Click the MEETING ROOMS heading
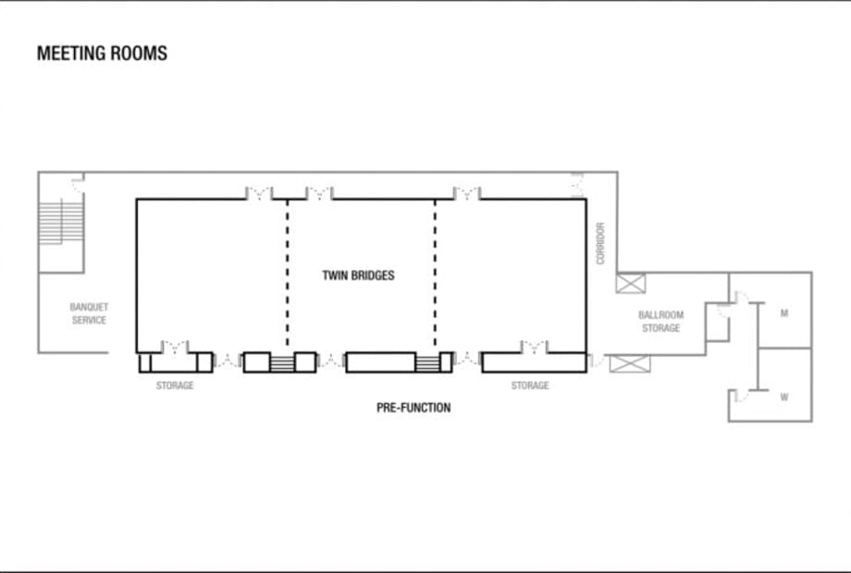coord(102,53)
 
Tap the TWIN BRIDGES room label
coord(358,275)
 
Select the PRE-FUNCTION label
coord(413,408)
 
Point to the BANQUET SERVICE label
coord(89,313)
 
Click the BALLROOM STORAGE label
coord(661,322)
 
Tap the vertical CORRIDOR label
coord(600,243)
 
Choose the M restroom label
coord(784,312)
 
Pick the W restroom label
coord(784,396)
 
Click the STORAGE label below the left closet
coord(175,385)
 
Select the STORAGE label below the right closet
coord(530,385)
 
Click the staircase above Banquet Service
coord(61,222)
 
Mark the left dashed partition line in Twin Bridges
coord(288,273)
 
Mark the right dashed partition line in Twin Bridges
coord(436,273)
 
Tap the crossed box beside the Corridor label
coord(631,284)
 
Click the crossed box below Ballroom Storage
coord(630,363)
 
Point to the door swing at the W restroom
coord(741,396)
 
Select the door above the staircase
coord(79,182)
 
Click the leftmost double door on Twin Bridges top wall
coord(259,193)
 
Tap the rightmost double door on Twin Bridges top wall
coord(467,193)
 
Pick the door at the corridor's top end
coord(577,186)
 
